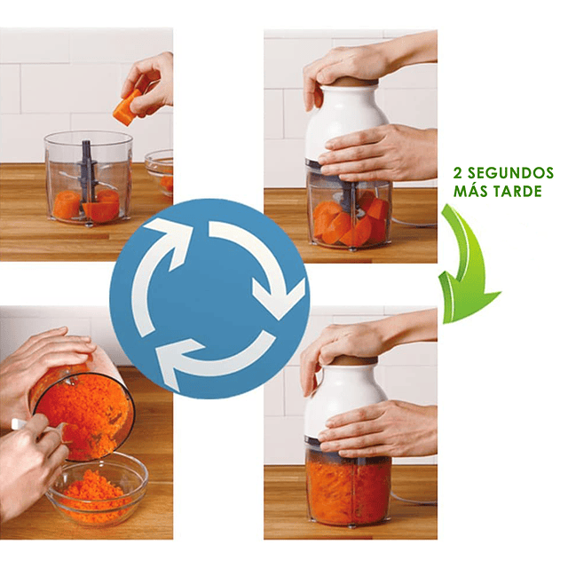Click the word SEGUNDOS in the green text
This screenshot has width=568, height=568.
pos(510,173)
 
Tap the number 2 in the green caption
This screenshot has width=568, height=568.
pos(458,173)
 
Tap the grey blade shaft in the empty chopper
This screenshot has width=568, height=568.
pos(87,174)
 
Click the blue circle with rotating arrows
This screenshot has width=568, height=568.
pos(209,299)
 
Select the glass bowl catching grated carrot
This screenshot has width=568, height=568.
pos(98,489)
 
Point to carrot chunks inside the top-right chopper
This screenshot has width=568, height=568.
pos(350,221)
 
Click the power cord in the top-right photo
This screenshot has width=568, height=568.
pos(413,223)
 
